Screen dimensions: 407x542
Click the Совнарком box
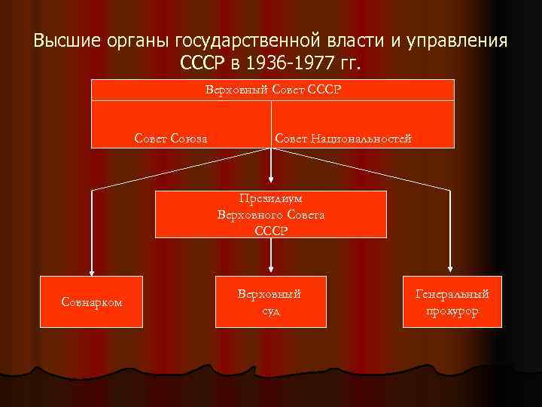(92, 302)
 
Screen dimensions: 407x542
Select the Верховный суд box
(271, 302)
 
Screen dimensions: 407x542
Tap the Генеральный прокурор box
(451, 302)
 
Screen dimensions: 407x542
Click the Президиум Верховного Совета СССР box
(271, 215)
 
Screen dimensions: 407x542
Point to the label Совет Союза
(172, 138)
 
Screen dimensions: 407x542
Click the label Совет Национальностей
(343, 138)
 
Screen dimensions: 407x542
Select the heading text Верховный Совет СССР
(273, 90)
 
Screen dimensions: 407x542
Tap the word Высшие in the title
(64, 39)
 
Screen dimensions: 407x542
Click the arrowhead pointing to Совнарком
(92, 271)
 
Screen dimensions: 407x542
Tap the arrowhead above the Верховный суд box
(271, 271)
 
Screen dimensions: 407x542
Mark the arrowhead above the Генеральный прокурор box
(451, 271)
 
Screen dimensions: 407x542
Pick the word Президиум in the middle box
(271, 200)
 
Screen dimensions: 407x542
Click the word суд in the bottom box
(271, 311)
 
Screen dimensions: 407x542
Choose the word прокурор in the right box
(451, 311)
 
